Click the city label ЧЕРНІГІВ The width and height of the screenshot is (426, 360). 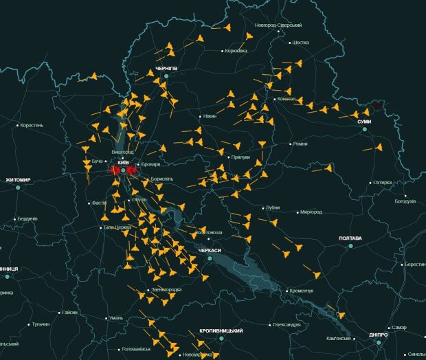pos(166,69)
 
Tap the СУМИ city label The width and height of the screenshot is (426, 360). pos(363,122)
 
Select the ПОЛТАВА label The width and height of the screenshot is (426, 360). pos(350,238)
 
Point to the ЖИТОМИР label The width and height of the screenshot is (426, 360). pos(18,179)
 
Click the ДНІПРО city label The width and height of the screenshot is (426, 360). pos(378,335)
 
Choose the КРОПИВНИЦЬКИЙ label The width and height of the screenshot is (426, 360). pos(221,330)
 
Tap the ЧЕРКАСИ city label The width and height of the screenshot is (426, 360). pos(210,251)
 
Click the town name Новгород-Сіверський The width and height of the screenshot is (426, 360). pos(278,25)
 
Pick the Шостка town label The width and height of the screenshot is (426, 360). pos(301,43)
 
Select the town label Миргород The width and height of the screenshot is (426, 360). pos(311,212)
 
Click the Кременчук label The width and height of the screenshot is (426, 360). pos(301,291)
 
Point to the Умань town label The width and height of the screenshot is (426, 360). pos(115,318)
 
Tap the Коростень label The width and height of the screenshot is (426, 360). pos(32,125)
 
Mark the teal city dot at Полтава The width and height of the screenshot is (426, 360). pos(350,246)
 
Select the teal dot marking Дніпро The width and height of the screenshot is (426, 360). pos(378,342)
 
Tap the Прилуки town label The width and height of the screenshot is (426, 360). pos(240,157)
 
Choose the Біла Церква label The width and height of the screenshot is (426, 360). pos(116,227)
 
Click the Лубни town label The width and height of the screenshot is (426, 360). pos(272,207)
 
